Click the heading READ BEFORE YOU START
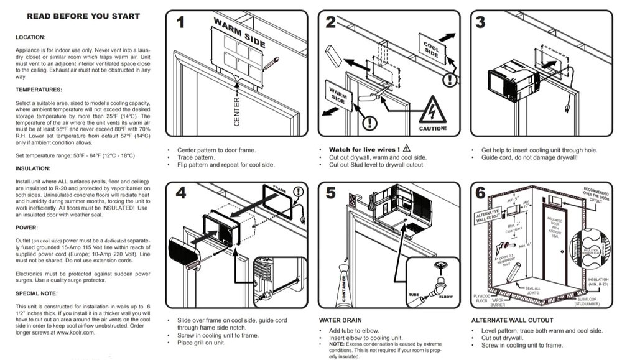click(x=83, y=16)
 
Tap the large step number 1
click(x=181, y=23)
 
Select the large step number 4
click(x=181, y=193)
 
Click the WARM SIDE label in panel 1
click(x=239, y=33)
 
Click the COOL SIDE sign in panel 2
click(x=432, y=49)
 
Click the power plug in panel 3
click(x=567, y=109)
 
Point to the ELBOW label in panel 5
click(x=445, y=297)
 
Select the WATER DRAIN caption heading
click(x=339, y=320)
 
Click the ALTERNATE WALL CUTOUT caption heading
click(x=503, y=320)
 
